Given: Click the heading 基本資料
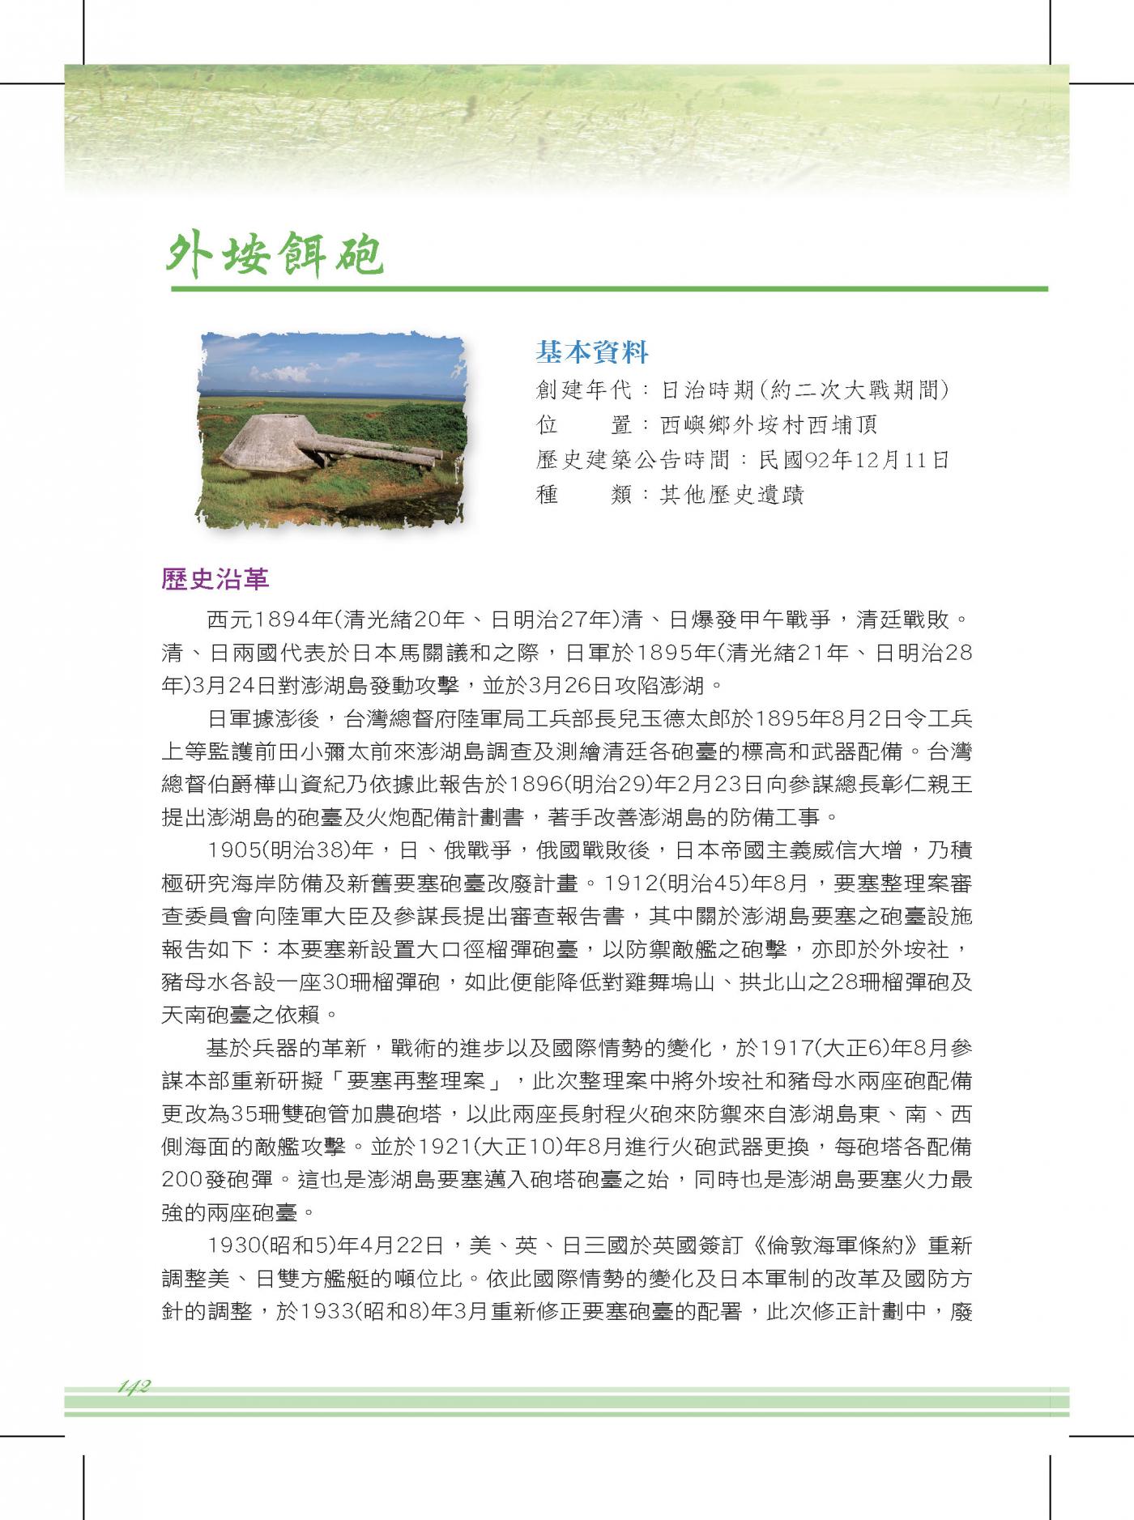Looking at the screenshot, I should coord(592,352).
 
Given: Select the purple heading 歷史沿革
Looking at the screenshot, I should coord(215,580).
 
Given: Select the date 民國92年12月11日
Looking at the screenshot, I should coord(854,460).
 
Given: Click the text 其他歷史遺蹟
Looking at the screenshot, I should coord(732,494).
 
